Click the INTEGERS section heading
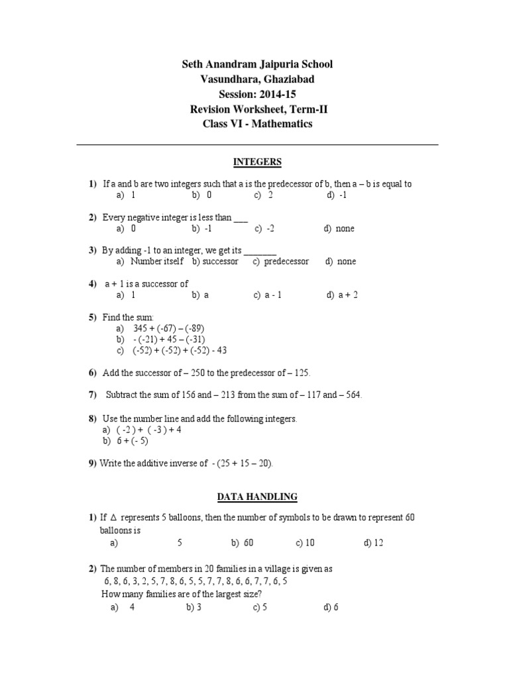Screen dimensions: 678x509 click(x=257, y=162)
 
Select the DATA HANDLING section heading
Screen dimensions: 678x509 click(x=257, y=496)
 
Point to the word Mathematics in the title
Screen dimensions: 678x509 click(x=280, y=124)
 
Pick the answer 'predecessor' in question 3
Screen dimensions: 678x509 click(x=286, y=262)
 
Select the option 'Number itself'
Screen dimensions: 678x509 click(x=158, y=262)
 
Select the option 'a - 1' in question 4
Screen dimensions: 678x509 click(x=273, y=295)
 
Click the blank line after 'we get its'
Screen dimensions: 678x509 click(x=260, y=251)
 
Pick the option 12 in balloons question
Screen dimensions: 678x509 click(x=378, y=543)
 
